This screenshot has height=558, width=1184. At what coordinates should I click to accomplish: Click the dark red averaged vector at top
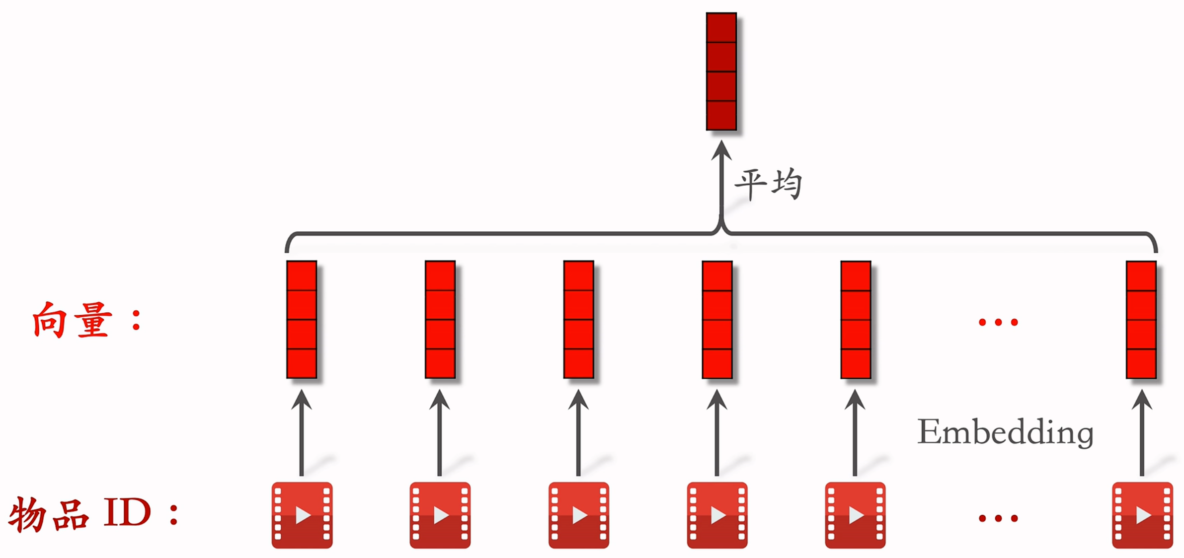721,71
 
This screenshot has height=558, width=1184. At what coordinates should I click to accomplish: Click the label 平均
768,184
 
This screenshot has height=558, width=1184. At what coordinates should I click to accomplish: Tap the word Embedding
1005,431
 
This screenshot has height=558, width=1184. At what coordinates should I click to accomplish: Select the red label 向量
72,320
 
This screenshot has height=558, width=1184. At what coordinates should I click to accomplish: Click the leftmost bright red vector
302,320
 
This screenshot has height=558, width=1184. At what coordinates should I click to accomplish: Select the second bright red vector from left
440,320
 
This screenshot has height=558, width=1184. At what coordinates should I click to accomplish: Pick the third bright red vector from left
579,320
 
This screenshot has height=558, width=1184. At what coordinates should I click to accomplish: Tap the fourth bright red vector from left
717,320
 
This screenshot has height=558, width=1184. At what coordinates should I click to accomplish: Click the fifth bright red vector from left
856,320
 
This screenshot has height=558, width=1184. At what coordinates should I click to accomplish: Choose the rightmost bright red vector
1141,320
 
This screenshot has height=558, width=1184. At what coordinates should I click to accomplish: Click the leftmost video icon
302,515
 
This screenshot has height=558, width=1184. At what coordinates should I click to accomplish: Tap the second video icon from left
440,515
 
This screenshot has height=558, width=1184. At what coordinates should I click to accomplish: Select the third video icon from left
579,515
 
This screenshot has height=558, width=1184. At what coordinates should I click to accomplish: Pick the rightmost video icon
1142,515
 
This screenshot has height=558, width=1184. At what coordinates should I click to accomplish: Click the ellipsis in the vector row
998,323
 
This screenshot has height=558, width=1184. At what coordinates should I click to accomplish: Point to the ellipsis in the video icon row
998,518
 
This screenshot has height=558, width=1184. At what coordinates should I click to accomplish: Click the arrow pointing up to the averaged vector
721,184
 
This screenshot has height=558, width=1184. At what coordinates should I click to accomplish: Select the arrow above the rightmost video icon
1142,432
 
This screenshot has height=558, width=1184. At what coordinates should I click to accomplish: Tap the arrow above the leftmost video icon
302,432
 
